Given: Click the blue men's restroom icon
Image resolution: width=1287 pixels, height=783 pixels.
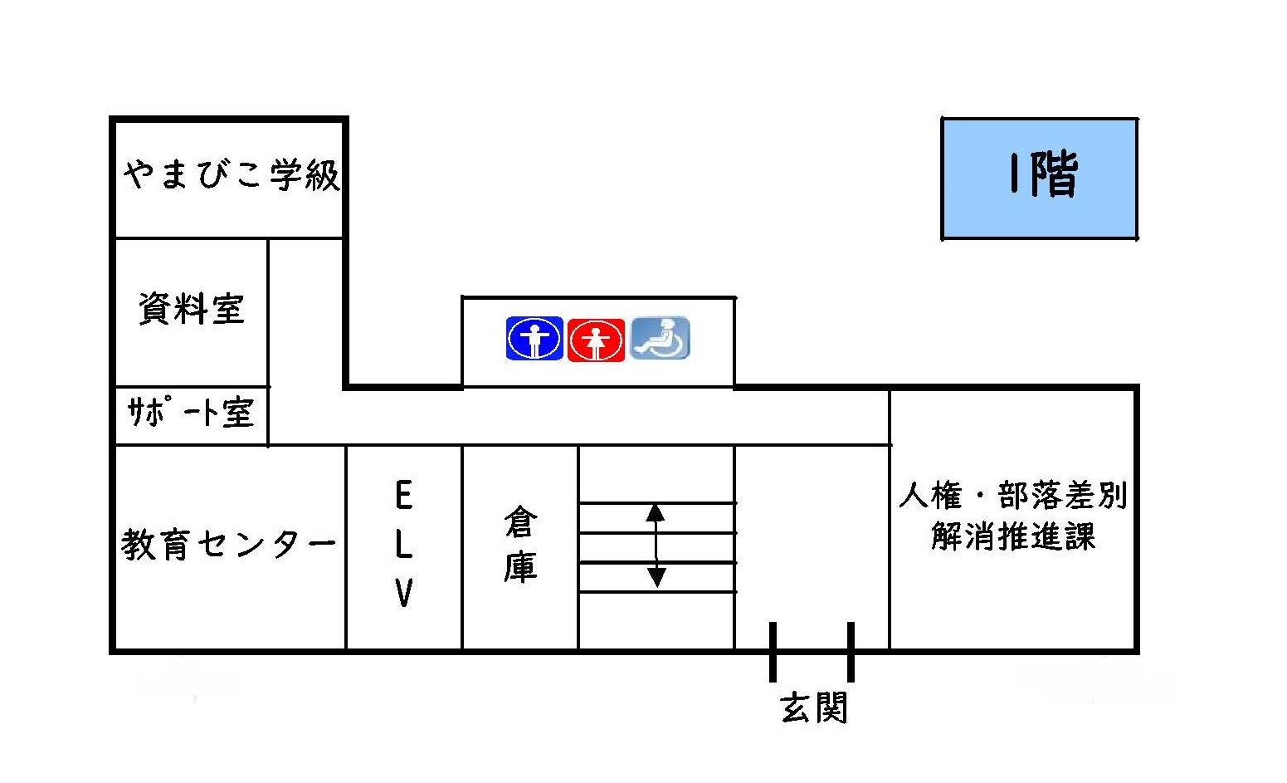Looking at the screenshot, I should point(534,339).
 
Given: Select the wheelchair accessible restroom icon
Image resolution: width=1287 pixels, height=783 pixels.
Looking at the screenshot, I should point(661,338).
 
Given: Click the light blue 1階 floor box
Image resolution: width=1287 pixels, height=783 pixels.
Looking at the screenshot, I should point(1039,179).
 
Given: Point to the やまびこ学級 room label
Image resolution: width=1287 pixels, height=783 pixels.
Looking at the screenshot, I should point(232,175).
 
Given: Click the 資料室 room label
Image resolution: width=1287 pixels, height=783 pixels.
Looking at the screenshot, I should point(192,309).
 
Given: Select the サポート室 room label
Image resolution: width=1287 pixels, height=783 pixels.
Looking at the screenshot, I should point(190,412).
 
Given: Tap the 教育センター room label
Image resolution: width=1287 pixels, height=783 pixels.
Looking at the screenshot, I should point(229,545).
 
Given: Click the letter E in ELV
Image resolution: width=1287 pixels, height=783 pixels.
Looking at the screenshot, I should point(403,497).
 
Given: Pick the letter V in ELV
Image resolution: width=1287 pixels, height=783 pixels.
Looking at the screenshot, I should point(403,593).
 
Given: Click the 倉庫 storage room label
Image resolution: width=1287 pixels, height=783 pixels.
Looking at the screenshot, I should point(520,545).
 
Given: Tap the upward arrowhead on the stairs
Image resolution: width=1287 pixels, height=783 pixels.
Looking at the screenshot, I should point(656,511).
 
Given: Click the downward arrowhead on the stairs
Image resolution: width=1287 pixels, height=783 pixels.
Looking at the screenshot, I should point(656,577).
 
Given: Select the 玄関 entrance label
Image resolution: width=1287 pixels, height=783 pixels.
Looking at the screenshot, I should point(814,708).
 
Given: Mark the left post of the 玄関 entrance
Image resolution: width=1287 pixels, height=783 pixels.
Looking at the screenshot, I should point(773,652).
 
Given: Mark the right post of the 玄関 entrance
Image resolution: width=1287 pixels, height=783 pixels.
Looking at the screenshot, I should point(851,652).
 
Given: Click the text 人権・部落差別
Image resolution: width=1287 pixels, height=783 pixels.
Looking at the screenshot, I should point(1013,496).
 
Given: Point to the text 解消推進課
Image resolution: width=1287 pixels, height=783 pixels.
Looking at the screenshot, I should point(1013,536).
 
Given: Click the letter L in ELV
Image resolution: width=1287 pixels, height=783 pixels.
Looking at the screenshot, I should point(403,545).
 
